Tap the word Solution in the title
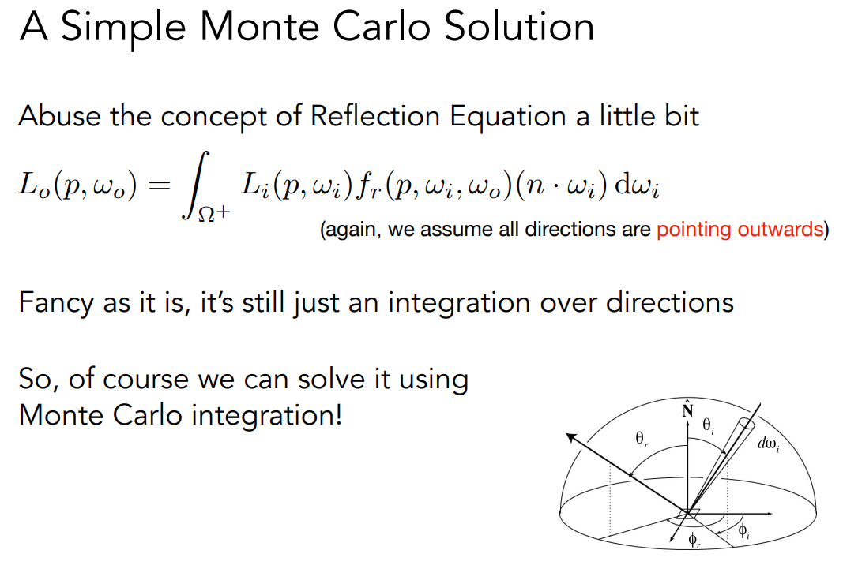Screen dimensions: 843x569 click(x=519, y=27)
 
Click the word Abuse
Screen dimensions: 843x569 click(x=59, y=116)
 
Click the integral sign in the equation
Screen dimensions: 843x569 click(x=194, y=185)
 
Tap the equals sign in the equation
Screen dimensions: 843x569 click(x=160, y=186)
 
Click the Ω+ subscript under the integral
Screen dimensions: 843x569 click(x=214, y=214)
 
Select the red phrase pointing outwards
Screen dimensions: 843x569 click(x=740, y=230)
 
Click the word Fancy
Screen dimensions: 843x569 click(x=55, y=303)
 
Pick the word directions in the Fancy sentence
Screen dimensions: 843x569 click(x=669, y=302)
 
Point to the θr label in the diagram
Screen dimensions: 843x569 click(x=642, y=440)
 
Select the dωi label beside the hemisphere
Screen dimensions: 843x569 click(x=769, y=444)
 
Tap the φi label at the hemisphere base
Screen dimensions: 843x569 click(x=743, y=531)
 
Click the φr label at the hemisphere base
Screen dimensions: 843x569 click(x=694, y=540)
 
